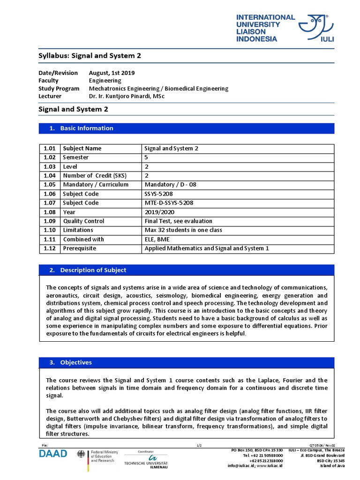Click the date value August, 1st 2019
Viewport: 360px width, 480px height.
[112, 73]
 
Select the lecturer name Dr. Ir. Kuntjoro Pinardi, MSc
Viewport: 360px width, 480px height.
[127, 96]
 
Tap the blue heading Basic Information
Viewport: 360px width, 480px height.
[87, 128]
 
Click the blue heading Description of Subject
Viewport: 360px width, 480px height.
[93, 270]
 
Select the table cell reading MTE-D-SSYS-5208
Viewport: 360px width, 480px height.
[169, 203]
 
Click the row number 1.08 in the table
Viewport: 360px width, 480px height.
[50, 212]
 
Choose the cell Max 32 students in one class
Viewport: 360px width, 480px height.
[183, 230]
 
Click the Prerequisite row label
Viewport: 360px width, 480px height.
[79, 248]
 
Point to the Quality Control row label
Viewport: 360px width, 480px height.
[83, 221]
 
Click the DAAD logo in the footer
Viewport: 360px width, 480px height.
[53, 453]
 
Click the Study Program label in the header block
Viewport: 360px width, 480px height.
[59, 88]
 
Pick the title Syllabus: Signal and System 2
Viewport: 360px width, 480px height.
[89, 55]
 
